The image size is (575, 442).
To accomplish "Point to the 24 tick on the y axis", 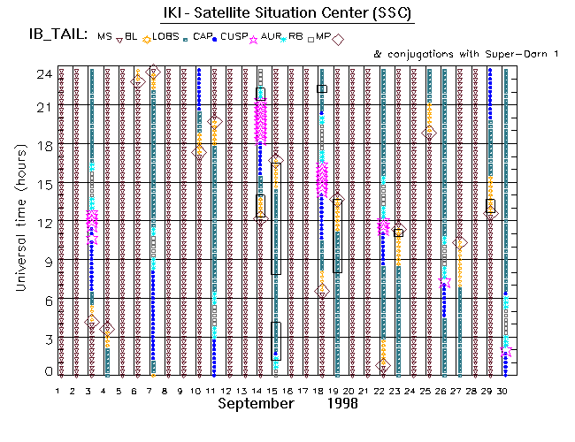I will click(43, 74).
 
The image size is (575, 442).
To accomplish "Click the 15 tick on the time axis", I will click(43, 184).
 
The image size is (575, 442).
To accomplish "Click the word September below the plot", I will click(256, 404).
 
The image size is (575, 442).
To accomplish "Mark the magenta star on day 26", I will click(445, 281).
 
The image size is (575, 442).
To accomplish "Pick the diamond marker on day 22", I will click(383, 365).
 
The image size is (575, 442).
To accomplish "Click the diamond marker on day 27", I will click(459, 242).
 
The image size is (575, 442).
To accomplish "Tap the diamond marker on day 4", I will click(106, 328).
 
